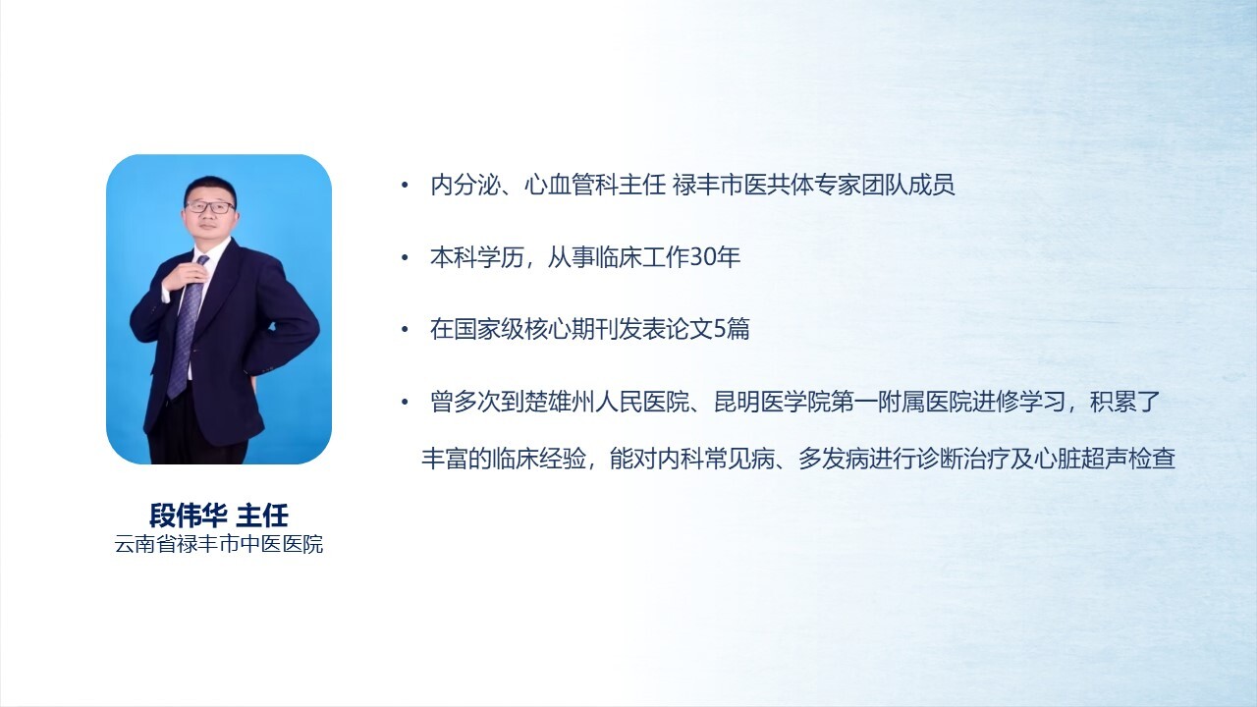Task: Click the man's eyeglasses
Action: [210, 207]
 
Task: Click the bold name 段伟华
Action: [188, 516]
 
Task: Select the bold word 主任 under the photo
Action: [262, 516]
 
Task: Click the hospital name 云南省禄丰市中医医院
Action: [219, 544]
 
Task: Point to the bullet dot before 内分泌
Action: [405, 186]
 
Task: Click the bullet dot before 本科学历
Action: [405, 257]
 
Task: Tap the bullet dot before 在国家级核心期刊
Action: [405, 330]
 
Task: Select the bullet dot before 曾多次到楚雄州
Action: [405, 403]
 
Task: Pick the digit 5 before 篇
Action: [720, 329]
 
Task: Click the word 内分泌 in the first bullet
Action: [465, 186]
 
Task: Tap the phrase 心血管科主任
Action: [595, 186]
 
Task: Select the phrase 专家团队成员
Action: [885, 186]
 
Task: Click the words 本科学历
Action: [477, 257]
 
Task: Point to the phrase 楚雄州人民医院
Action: [607, 402]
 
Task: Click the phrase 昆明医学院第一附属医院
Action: [843, 402]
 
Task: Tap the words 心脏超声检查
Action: [1105, 459]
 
